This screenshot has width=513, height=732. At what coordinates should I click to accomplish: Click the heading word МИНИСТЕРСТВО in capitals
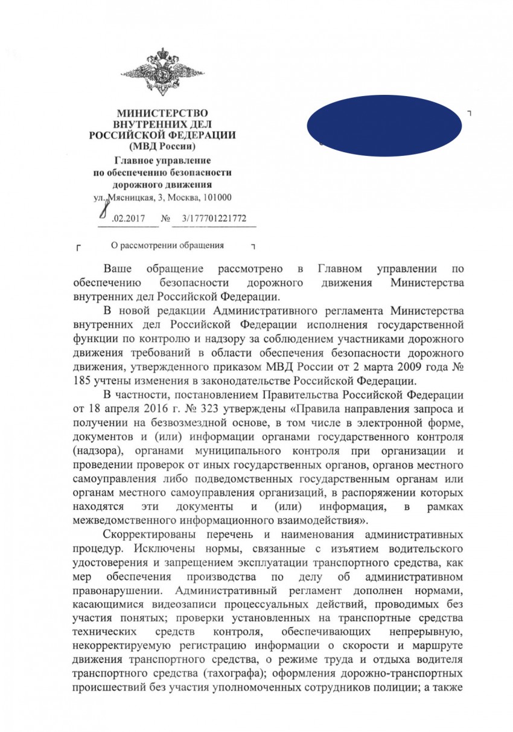coord(162,113)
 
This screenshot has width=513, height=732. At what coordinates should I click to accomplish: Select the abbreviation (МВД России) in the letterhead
coord(162,146)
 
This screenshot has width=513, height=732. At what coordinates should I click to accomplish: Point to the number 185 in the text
coord(82,381)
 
